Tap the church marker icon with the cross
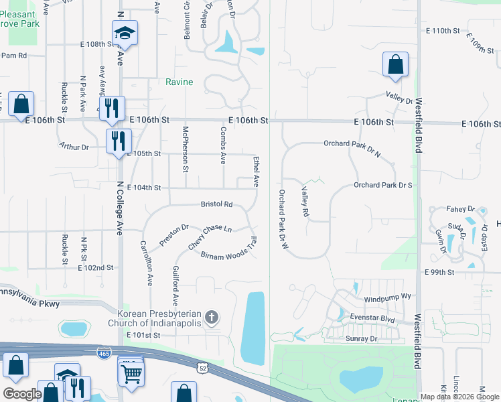coord(212,317)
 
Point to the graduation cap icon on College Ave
coord(125,33)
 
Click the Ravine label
coord(180,82)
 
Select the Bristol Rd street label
coord(216,204)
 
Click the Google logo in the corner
coord(22,394)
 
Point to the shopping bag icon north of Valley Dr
coord(395,64)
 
